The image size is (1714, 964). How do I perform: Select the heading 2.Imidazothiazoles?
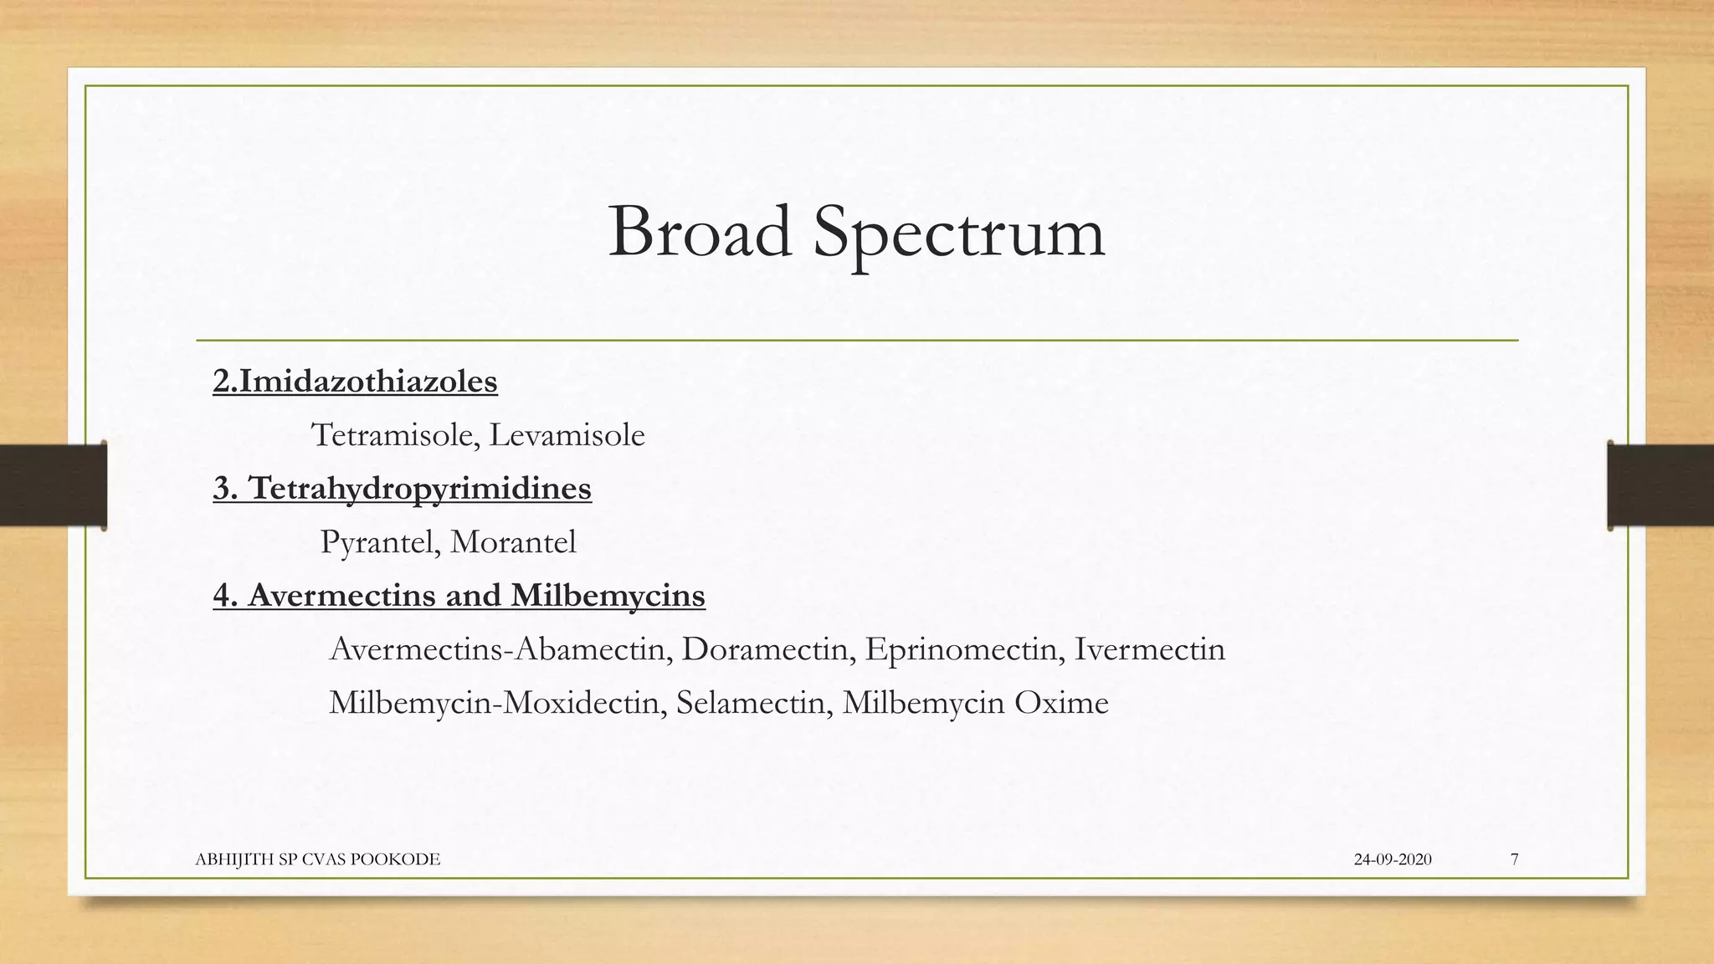355,382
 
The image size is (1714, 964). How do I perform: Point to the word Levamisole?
567,435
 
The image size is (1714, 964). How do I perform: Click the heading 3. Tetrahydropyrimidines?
402,488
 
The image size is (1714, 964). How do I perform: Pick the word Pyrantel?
376,542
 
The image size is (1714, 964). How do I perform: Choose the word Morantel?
513,542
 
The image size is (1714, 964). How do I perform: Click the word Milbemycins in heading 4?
608,595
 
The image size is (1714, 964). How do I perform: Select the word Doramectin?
764,649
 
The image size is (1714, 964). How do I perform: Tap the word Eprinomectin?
960,649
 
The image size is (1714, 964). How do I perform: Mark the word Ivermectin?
1149,649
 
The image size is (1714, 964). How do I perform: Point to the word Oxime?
1061,703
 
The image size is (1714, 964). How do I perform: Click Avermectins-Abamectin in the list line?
496,649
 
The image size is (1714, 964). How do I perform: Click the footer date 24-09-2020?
1392,859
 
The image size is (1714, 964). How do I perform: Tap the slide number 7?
1514,859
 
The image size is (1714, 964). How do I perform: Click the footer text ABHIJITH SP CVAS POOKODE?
317,859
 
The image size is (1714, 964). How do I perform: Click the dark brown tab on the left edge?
53,486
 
